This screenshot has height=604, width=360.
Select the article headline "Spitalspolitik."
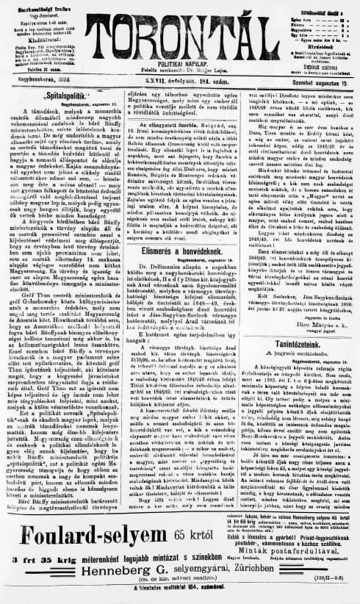click(65, 95)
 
